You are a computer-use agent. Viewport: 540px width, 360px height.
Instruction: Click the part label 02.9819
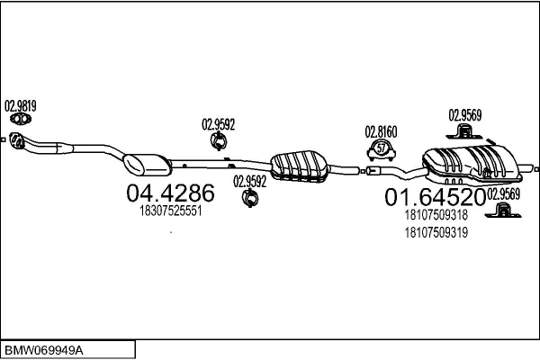[x=21, y=106]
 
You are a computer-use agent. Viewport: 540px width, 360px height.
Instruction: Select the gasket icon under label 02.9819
[x=21, y=119]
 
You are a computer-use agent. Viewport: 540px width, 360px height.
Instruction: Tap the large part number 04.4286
[x=170, y=193]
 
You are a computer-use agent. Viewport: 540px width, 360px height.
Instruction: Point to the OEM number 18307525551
[x=170, y=211]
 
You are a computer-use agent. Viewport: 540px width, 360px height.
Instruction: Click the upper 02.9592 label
[x=219, y=124]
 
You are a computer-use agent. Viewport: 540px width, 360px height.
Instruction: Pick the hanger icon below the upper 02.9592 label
[x=219, y=140]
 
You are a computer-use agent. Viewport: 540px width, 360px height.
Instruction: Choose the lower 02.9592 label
[x=250, y=181]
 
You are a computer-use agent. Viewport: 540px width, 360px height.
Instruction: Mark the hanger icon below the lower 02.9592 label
[x=250, y=198]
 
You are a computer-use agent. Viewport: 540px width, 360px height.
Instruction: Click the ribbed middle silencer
[x=299, y=166]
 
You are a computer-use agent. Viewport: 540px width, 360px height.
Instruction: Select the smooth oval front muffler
[x=147, y=165]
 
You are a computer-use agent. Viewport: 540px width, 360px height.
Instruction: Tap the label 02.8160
[x=381, y=132]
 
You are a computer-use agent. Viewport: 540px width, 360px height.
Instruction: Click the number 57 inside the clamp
[x=382, y=148]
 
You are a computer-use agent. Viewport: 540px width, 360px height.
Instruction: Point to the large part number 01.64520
[x=435, y=197]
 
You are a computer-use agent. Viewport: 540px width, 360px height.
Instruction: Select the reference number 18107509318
[x=436, y=214]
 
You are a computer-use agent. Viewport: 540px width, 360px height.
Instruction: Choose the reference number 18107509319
[x=436, y=232]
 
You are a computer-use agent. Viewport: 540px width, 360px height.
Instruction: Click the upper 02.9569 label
[x=465, y=115]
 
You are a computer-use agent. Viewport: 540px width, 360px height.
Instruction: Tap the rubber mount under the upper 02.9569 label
[x=464, y=132]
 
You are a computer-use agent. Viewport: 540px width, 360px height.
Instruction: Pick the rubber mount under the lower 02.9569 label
[x=503, y=211]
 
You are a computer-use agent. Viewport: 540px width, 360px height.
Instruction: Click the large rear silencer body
[x=472, y=164]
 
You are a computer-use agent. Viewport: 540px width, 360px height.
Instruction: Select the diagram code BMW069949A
[x=44, y=351]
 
